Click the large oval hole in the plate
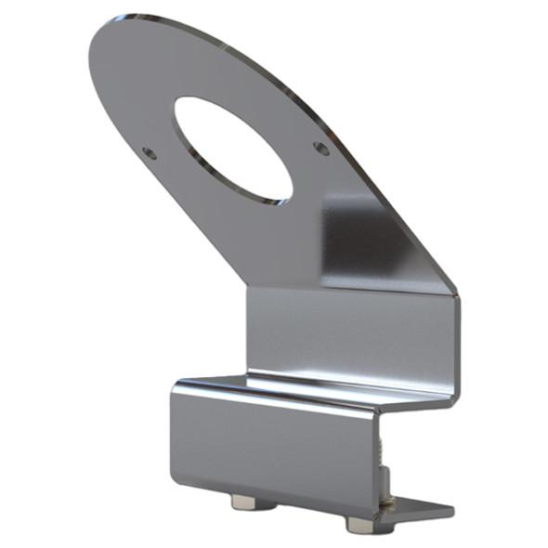[x=232, y=149]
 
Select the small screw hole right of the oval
[x=320, y=147]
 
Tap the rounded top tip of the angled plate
[x=116, y=28]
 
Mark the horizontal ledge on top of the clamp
[x=316, y=388]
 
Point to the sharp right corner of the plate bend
[x=458, y=295]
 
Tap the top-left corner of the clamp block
[x=175, y=383]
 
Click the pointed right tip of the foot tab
[x=452, y=510]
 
